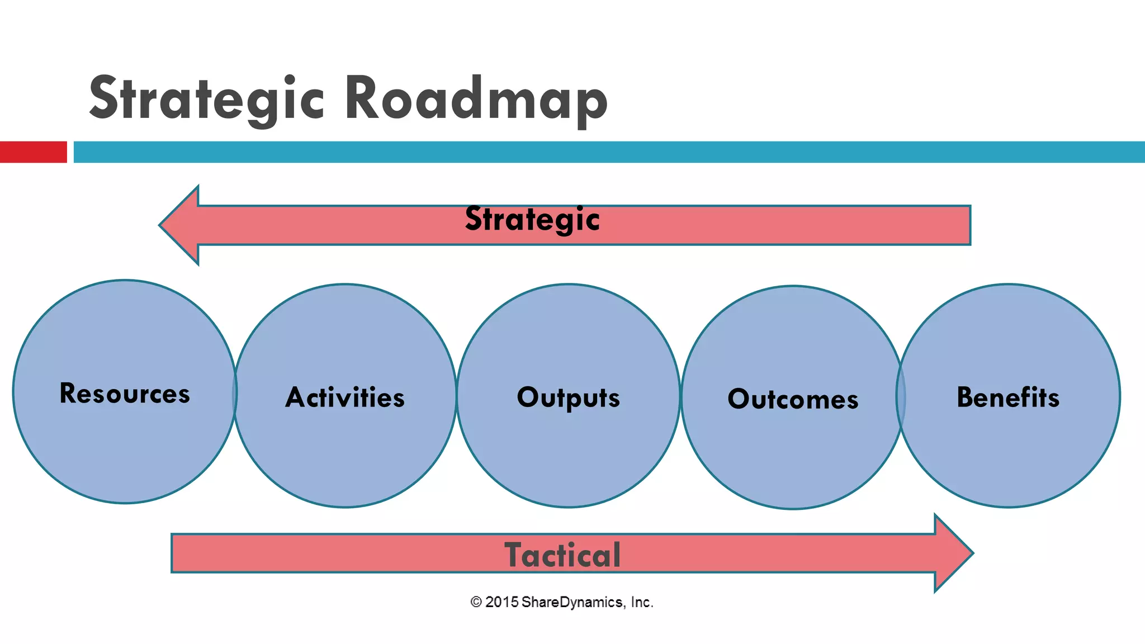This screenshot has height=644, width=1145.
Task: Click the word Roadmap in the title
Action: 475,98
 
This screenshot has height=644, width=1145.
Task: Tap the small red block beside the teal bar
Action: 33,152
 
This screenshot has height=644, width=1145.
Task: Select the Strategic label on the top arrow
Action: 532,219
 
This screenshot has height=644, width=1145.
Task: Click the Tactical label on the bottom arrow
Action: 562,555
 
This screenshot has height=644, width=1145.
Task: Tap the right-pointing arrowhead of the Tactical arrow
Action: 953,553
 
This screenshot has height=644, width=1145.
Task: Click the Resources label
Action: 125,394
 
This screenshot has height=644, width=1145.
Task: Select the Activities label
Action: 345,397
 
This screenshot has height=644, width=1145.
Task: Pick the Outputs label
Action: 568,397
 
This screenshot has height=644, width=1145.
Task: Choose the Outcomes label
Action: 793,399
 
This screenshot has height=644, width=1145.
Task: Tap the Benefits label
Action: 1008,397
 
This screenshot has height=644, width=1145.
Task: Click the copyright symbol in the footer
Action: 476,602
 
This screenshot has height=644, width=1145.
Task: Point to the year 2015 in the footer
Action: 501,602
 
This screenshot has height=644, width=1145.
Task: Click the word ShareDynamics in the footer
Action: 571,602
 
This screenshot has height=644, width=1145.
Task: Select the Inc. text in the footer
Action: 642,602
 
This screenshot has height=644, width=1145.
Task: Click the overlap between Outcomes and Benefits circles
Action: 901,396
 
